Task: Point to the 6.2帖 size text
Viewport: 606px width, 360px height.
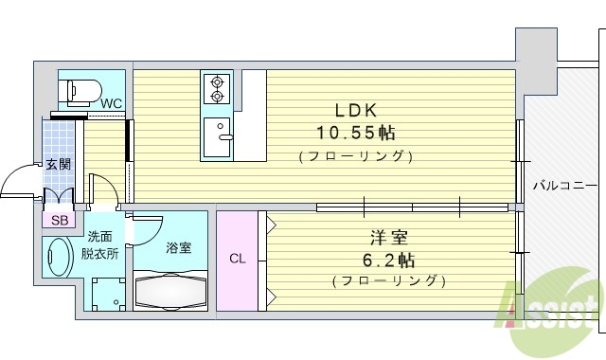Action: click(389, 259)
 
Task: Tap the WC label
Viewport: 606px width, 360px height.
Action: click(112, 103)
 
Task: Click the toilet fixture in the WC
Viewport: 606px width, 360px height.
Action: click(80, 90)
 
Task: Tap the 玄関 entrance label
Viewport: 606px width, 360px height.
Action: click(58, 164)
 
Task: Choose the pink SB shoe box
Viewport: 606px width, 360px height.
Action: click(60, 220)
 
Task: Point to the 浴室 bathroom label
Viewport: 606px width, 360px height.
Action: click(179, 248)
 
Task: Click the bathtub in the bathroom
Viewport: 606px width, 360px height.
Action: click(170, 290)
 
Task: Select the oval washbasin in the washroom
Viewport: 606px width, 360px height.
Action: click(59, 257)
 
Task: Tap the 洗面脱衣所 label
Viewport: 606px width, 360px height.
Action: click(99, 244)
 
